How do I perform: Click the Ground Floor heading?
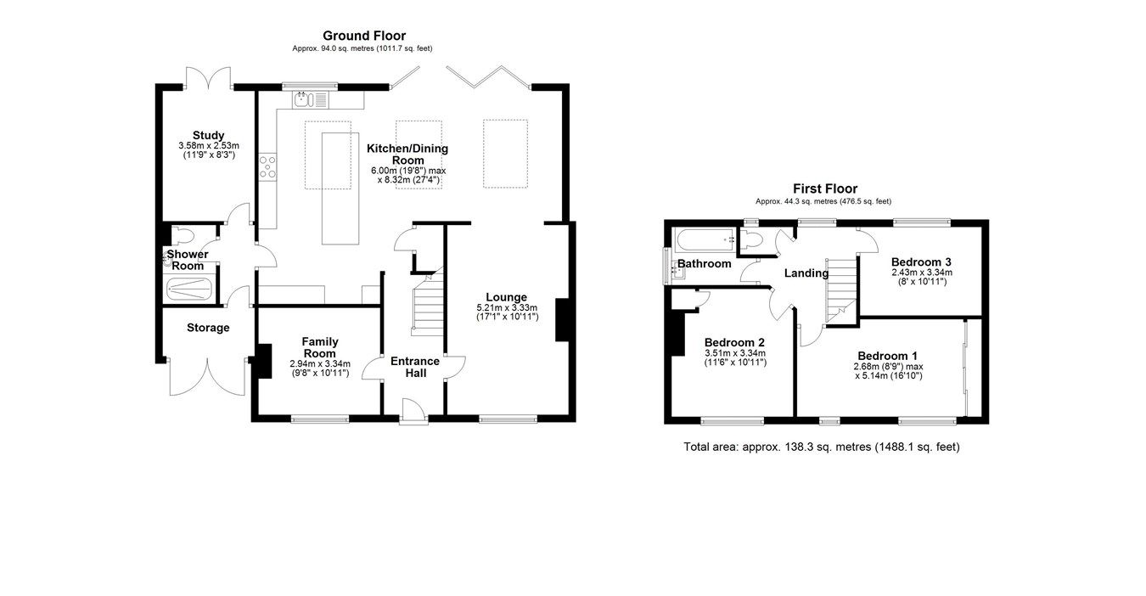point(363,36)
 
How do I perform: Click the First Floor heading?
point(824,188)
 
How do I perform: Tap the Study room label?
point(208,135)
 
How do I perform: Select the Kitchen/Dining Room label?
point(407,154)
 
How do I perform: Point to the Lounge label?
point(506,296)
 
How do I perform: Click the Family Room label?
point(319,347)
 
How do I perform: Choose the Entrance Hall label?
point(414,367)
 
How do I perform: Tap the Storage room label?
point(208,328)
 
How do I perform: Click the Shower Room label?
point(185,260)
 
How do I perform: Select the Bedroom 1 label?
point(887,355)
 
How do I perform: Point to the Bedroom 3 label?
point(921,261)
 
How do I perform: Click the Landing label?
point(806,273)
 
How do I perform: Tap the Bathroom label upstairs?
point(704,264)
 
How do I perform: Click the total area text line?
point(821,447)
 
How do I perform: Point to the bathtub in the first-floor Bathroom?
point(704,239)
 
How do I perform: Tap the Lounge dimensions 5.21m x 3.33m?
point(506,307)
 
